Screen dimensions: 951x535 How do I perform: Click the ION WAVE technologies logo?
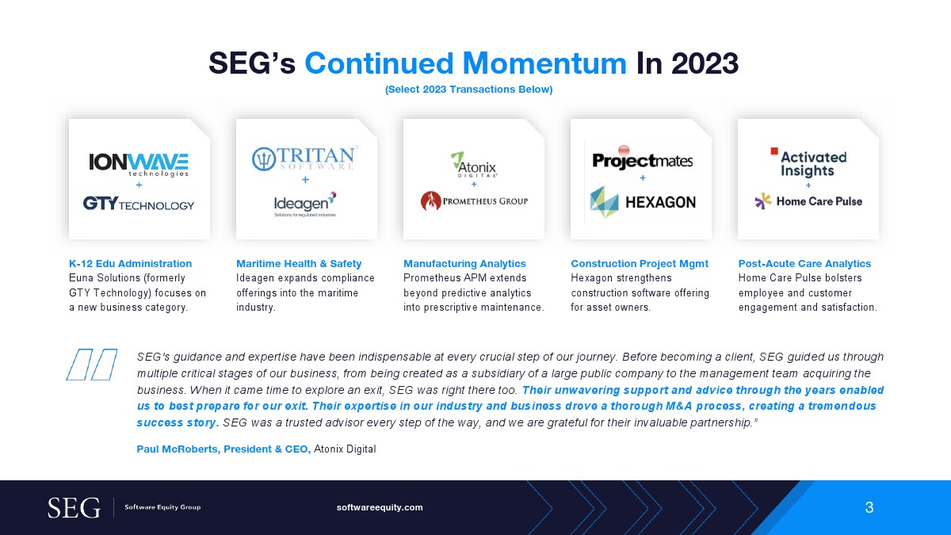coord(139,165)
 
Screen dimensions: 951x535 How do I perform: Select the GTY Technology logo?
coord(139,204)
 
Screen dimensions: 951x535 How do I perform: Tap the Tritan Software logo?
coord(305,159)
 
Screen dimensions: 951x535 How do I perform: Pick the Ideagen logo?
coord(305,204)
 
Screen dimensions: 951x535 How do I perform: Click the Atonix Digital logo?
coord(474,165)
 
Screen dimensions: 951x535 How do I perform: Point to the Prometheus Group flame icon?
coord(430,201)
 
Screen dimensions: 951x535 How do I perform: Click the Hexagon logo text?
coord(661,203)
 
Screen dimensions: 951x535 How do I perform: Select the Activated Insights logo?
coord(809,162)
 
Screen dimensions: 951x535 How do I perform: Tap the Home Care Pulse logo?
coord(808,201)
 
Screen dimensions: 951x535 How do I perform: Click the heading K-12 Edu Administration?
coord(130,264)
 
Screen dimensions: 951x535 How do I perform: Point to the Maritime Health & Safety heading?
coord(299,264)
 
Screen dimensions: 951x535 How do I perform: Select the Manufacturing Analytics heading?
coord(464,264)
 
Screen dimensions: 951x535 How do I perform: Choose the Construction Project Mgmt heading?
coord(640,264)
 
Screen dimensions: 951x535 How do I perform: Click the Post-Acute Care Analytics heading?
coord(804,264)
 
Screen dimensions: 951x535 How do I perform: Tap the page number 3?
coord(869,507)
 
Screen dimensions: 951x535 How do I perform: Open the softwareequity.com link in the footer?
coord(380,507)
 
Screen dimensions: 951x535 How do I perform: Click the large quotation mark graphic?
coord(92,365)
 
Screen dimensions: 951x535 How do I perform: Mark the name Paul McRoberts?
coord(177,449)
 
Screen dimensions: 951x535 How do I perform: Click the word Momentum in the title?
coord(544,63)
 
